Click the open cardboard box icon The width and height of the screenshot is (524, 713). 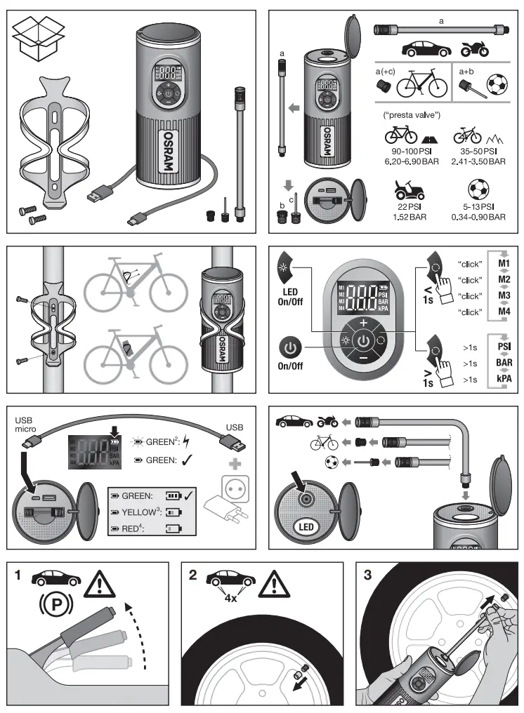[39, 41]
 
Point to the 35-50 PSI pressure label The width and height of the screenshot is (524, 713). [478, 151]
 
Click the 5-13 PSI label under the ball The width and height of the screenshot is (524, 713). [478, 207]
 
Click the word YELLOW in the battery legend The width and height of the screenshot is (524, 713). [138, 513]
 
